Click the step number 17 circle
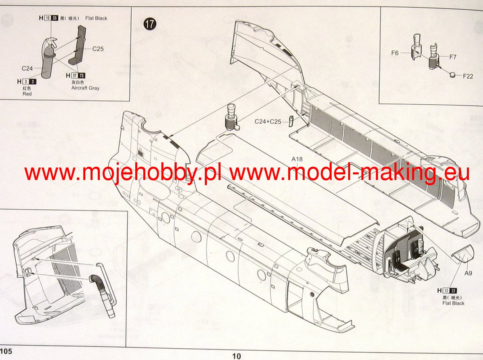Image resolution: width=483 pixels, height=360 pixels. point(150,24)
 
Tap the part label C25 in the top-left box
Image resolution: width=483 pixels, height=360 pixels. point(98,49)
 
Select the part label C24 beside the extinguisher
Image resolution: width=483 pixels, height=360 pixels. point(27,68)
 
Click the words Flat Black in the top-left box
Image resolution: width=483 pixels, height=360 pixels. point(96,18)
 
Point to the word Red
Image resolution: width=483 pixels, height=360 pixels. point(27,94)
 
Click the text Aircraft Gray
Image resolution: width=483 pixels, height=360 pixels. point(85,88)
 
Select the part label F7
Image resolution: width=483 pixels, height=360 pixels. point(453,57)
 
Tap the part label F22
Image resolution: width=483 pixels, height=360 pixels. point(468,76)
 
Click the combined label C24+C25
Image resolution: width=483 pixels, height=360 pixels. point(268,121)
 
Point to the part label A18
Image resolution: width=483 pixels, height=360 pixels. point(297,159)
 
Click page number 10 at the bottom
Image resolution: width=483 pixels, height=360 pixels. point(237,356)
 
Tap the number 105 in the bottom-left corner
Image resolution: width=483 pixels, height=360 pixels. point(6,351)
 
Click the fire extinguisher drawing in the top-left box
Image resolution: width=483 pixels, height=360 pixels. point(47,56)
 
